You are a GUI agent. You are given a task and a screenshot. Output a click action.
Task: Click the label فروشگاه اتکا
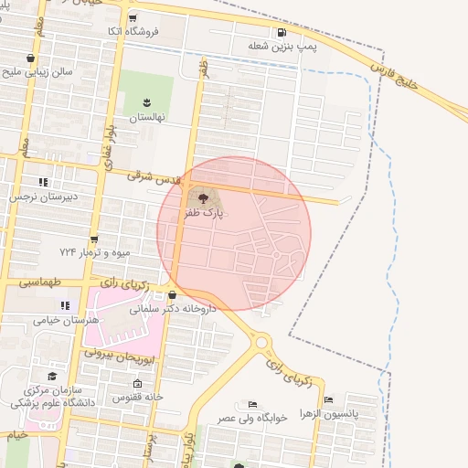pyautogui.click(x=133, y=31)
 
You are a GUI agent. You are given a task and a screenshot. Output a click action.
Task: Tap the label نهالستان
pyautogui.click(x=144, y=118)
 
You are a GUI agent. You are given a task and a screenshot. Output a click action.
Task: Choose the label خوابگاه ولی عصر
pyautogui.click(x=252, y=417)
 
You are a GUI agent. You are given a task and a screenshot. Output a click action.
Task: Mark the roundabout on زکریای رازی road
pyautogui.click(x=263, y=342)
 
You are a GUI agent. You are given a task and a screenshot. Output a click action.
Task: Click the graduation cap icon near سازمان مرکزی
pyautogui.click(x=52, y=377)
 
